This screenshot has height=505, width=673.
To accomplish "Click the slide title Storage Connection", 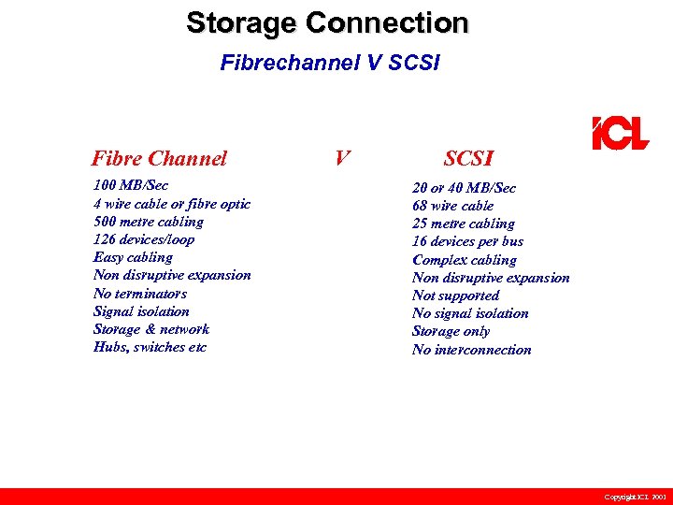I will tap(327, 22).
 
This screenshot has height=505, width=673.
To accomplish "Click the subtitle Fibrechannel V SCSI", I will tap(330, 63).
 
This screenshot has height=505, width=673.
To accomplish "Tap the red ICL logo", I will tap(619, 134).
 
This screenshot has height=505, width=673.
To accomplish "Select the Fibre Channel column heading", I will tap(159, 158).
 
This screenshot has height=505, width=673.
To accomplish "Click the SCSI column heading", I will tap(468, 159).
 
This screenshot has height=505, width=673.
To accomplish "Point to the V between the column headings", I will tap(342, 157).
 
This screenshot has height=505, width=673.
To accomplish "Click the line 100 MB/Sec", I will tap(131, 185).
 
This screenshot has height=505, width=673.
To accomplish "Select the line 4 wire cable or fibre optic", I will tap(172, 204).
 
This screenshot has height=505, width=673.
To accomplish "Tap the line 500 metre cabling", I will tap(149, 222).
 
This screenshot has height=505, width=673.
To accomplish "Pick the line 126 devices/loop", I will tap(144, 239).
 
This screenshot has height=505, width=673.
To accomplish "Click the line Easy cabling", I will tap(133, 257).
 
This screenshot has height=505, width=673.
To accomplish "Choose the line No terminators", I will tap(140, 293).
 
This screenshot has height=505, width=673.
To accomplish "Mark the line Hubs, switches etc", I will tap(150, 347).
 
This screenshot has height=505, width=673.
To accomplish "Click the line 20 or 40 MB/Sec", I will tap(464, 188).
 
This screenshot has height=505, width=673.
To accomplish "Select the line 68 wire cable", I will tap(452, 206).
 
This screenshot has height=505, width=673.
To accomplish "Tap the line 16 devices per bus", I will tap(467, 241).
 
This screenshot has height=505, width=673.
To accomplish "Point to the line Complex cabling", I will tap(464, 260).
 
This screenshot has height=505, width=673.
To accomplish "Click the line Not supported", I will tap(455, 296).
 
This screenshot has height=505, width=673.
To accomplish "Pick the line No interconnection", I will tap(471, 350).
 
